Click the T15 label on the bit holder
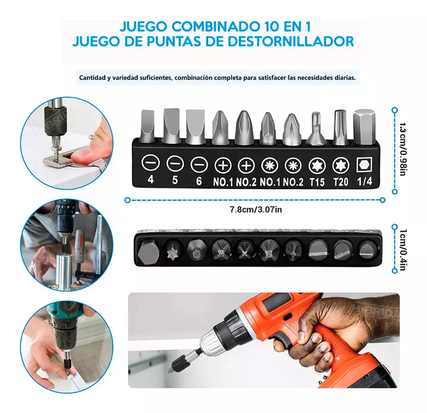[x=317, y=182]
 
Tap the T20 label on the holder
[x=341, y=182]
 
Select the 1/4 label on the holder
[x=364, y=181]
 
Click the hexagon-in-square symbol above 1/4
[x=364, y=164]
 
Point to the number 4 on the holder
[x=151, y=180]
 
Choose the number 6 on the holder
[x=199, y=181]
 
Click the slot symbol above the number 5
[x=175, y=163]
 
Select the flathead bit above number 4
[x=147, y=126]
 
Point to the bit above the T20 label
[x=341, y=127]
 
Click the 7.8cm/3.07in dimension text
[x=255, y=210]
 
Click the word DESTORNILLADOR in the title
[x=291, y=41]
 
